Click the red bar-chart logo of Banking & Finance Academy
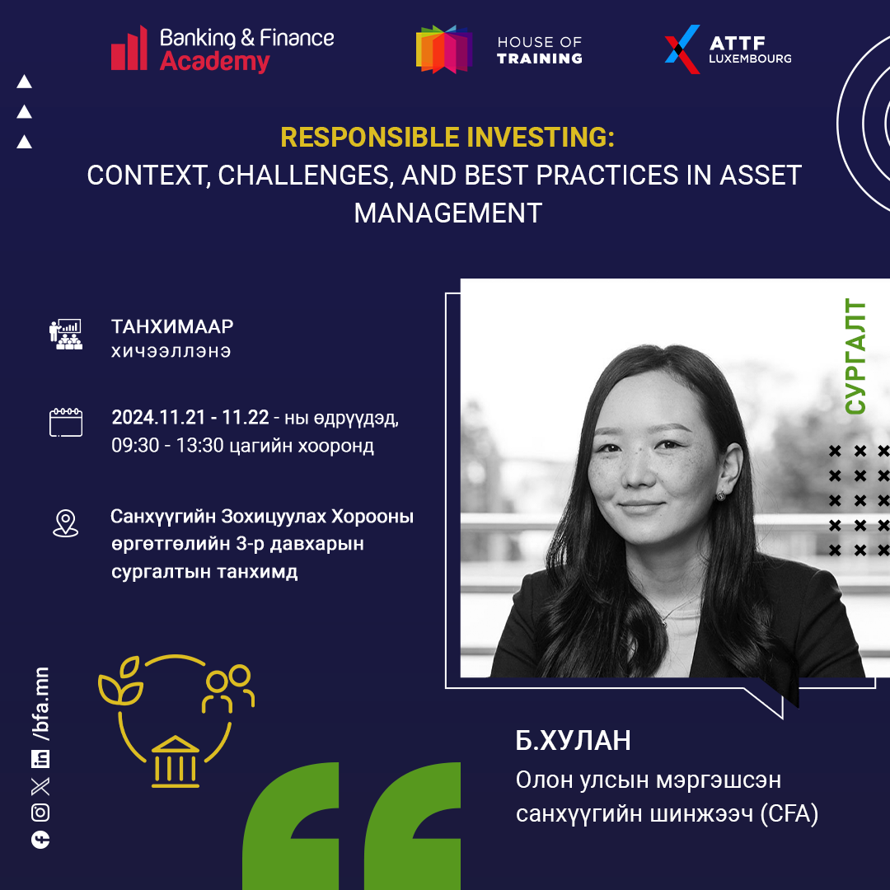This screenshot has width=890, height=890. (x=129, y=49)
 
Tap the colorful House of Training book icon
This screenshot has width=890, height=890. (x=444, y=49)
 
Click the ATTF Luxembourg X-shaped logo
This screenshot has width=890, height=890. (x=682, y=49)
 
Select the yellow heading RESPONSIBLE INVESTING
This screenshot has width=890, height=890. (x=447, y=138)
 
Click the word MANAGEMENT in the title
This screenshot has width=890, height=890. (x=447, y=213)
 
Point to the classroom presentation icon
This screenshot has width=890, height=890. (x=65, y=335)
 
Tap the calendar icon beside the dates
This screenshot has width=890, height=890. (x=66, y=422)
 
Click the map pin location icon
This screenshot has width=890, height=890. (x=66, y=522)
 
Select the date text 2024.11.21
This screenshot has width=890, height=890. (x=157, y=417)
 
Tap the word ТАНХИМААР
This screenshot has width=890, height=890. (x=172, y=326)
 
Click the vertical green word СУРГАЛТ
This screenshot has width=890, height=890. (x=855, y=357)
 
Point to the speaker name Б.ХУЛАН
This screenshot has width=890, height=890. (x=573, y=740)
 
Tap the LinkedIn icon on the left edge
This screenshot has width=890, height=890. (x=40, y=759)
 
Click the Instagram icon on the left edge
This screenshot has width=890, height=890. (x=40, y=813)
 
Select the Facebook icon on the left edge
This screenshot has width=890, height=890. (x=40, y=840)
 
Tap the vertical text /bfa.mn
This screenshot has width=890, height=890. (x=41, y=705)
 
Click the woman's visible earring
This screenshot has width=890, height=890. (x=720, y=495)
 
